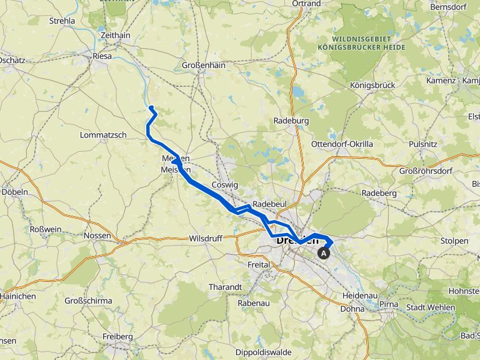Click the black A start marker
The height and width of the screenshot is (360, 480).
click(324, 253)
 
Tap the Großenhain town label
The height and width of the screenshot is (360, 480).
click(203, 64)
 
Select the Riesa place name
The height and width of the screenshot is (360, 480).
click(102, 56)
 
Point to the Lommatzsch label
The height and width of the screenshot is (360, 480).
click(103, 135)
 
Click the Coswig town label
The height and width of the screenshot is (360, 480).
click(226, 185)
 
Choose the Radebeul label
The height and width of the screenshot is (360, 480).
click(270, 204)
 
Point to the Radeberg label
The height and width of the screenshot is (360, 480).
click(379, 193)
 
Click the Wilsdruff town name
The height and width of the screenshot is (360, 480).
click(206, 239)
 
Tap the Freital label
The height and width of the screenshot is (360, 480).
click(258, 264)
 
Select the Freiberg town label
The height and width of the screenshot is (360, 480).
click(117, 337)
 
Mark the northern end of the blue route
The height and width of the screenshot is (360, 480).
click(151, 107)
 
